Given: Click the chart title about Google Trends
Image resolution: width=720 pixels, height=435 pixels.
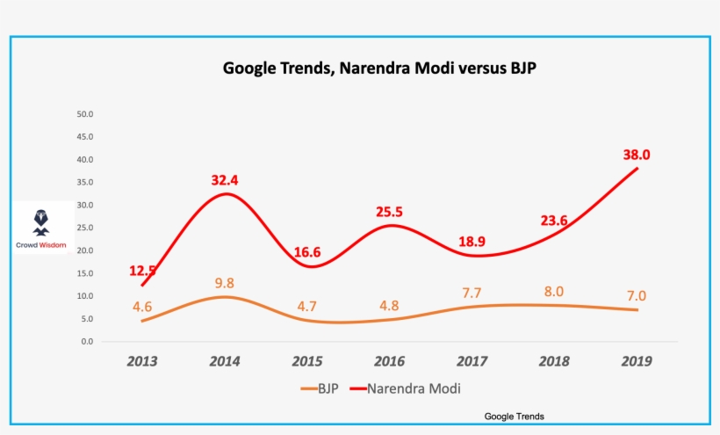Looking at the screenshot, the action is (379, 68).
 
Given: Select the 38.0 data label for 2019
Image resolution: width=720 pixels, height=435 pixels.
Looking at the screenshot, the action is (637, 155).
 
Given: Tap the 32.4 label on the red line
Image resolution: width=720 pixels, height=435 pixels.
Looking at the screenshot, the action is (225, 180).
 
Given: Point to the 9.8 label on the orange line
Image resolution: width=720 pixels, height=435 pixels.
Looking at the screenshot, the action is (225, 283).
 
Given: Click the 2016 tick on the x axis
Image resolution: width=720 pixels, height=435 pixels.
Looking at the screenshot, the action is (389, 361).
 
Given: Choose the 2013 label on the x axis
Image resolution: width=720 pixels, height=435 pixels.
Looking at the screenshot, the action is (142, 361).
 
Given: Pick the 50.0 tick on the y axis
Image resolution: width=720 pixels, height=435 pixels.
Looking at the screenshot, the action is (85, 114).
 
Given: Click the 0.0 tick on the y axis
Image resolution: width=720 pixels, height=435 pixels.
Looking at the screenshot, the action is (87, 341).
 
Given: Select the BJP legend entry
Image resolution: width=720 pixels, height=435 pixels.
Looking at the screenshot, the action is (320, 388).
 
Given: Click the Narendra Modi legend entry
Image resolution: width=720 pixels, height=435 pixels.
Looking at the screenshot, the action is (405, 388).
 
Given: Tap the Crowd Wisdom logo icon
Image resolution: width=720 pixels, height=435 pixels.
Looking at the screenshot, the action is (41, 223).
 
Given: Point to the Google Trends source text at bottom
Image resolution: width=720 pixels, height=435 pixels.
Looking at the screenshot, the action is (515, 417).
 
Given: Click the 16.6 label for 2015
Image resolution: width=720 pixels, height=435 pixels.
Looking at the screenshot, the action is (307, 252).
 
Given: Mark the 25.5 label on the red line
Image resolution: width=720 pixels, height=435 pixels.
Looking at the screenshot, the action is (389, 212).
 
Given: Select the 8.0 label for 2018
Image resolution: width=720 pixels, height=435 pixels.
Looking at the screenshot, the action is (554, 292).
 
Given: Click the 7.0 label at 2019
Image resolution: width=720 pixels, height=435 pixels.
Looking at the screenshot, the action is (637, 296).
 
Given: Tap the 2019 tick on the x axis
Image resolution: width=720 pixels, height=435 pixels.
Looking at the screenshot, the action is (637, 361).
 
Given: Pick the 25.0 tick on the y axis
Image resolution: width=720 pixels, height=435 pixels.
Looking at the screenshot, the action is (85, 228).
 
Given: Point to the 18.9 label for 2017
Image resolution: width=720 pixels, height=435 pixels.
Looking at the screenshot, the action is (472, 242).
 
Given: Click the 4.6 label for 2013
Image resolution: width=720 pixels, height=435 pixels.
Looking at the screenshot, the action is (142, 307).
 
